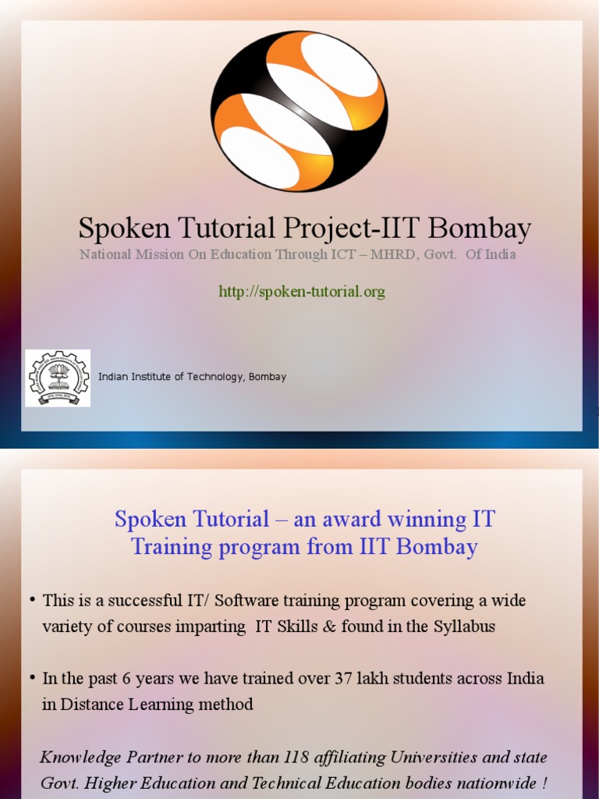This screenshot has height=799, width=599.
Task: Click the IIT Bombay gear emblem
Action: (58, 378)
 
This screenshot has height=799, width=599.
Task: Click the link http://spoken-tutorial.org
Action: (302, 292)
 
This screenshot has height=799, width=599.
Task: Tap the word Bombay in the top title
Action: (480, 229)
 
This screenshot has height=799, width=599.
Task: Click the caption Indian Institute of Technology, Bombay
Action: (192, 377)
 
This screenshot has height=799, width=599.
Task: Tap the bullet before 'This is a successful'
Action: (33, 599)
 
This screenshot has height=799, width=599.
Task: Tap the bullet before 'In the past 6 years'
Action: (33, 677)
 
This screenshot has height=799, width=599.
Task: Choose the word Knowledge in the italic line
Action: (80, 758)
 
